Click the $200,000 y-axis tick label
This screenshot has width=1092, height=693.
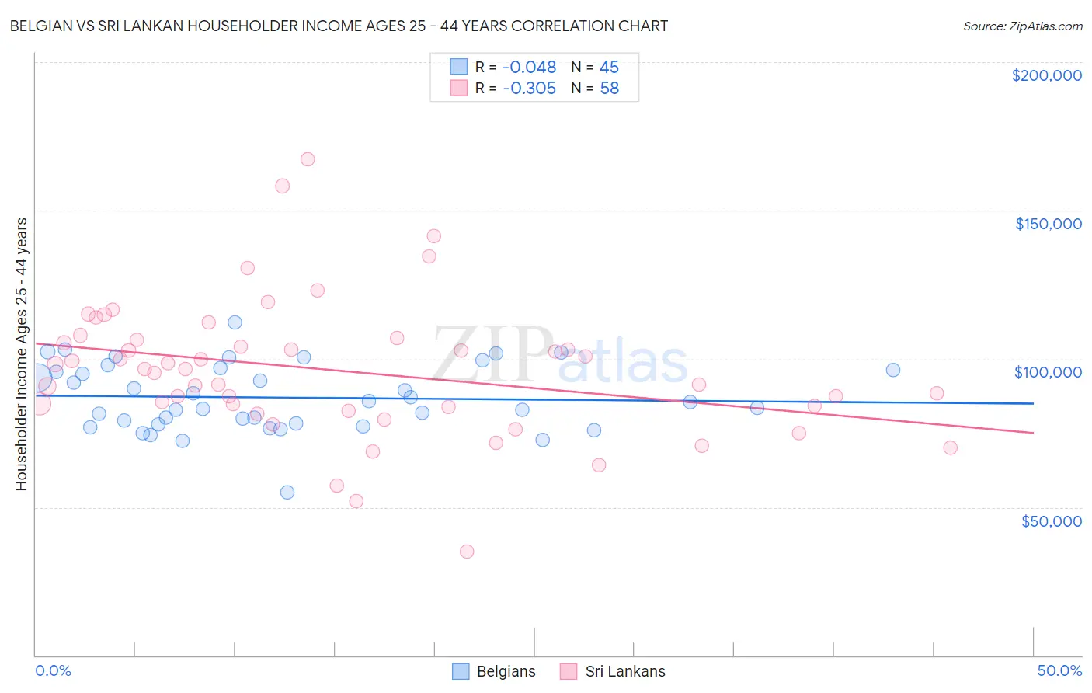point(1046,75)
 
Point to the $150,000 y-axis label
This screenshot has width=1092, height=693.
point(1048,224)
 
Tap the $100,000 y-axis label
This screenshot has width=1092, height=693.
point(1048,372)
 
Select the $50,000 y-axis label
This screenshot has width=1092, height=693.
point(1051,521)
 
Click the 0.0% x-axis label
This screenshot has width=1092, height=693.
point(53,670)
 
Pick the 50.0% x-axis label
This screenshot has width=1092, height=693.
point(1059,670)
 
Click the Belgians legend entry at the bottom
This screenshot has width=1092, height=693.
point(495,671)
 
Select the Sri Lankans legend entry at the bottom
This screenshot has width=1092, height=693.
point(613,671)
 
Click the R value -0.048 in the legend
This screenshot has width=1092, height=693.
point(529,68)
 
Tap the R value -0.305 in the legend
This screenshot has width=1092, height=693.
point(529,89)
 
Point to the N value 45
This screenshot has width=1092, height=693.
point(609,68)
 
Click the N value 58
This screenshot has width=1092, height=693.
point(609,89)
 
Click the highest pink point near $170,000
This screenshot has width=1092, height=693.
point(308,159)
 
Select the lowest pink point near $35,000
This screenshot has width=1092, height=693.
point(467,552)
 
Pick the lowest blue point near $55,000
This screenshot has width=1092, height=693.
point(287,493)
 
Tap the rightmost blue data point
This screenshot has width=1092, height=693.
point(893,370)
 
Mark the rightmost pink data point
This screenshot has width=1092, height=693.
point(950,447)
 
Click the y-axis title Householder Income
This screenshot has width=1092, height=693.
point(21,353)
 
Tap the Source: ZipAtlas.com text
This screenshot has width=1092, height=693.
point(1022,26)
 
